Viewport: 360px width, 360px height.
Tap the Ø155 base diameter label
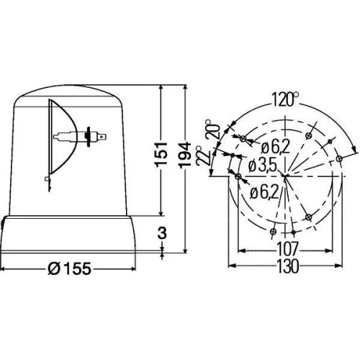(x=71, y=271)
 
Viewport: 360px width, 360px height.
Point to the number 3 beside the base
(x=165, y=232)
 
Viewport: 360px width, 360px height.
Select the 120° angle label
(x=287, y=99)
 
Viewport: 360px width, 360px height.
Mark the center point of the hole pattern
(x=286, y=175)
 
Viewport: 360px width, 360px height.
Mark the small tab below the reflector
(x=46, y=178)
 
